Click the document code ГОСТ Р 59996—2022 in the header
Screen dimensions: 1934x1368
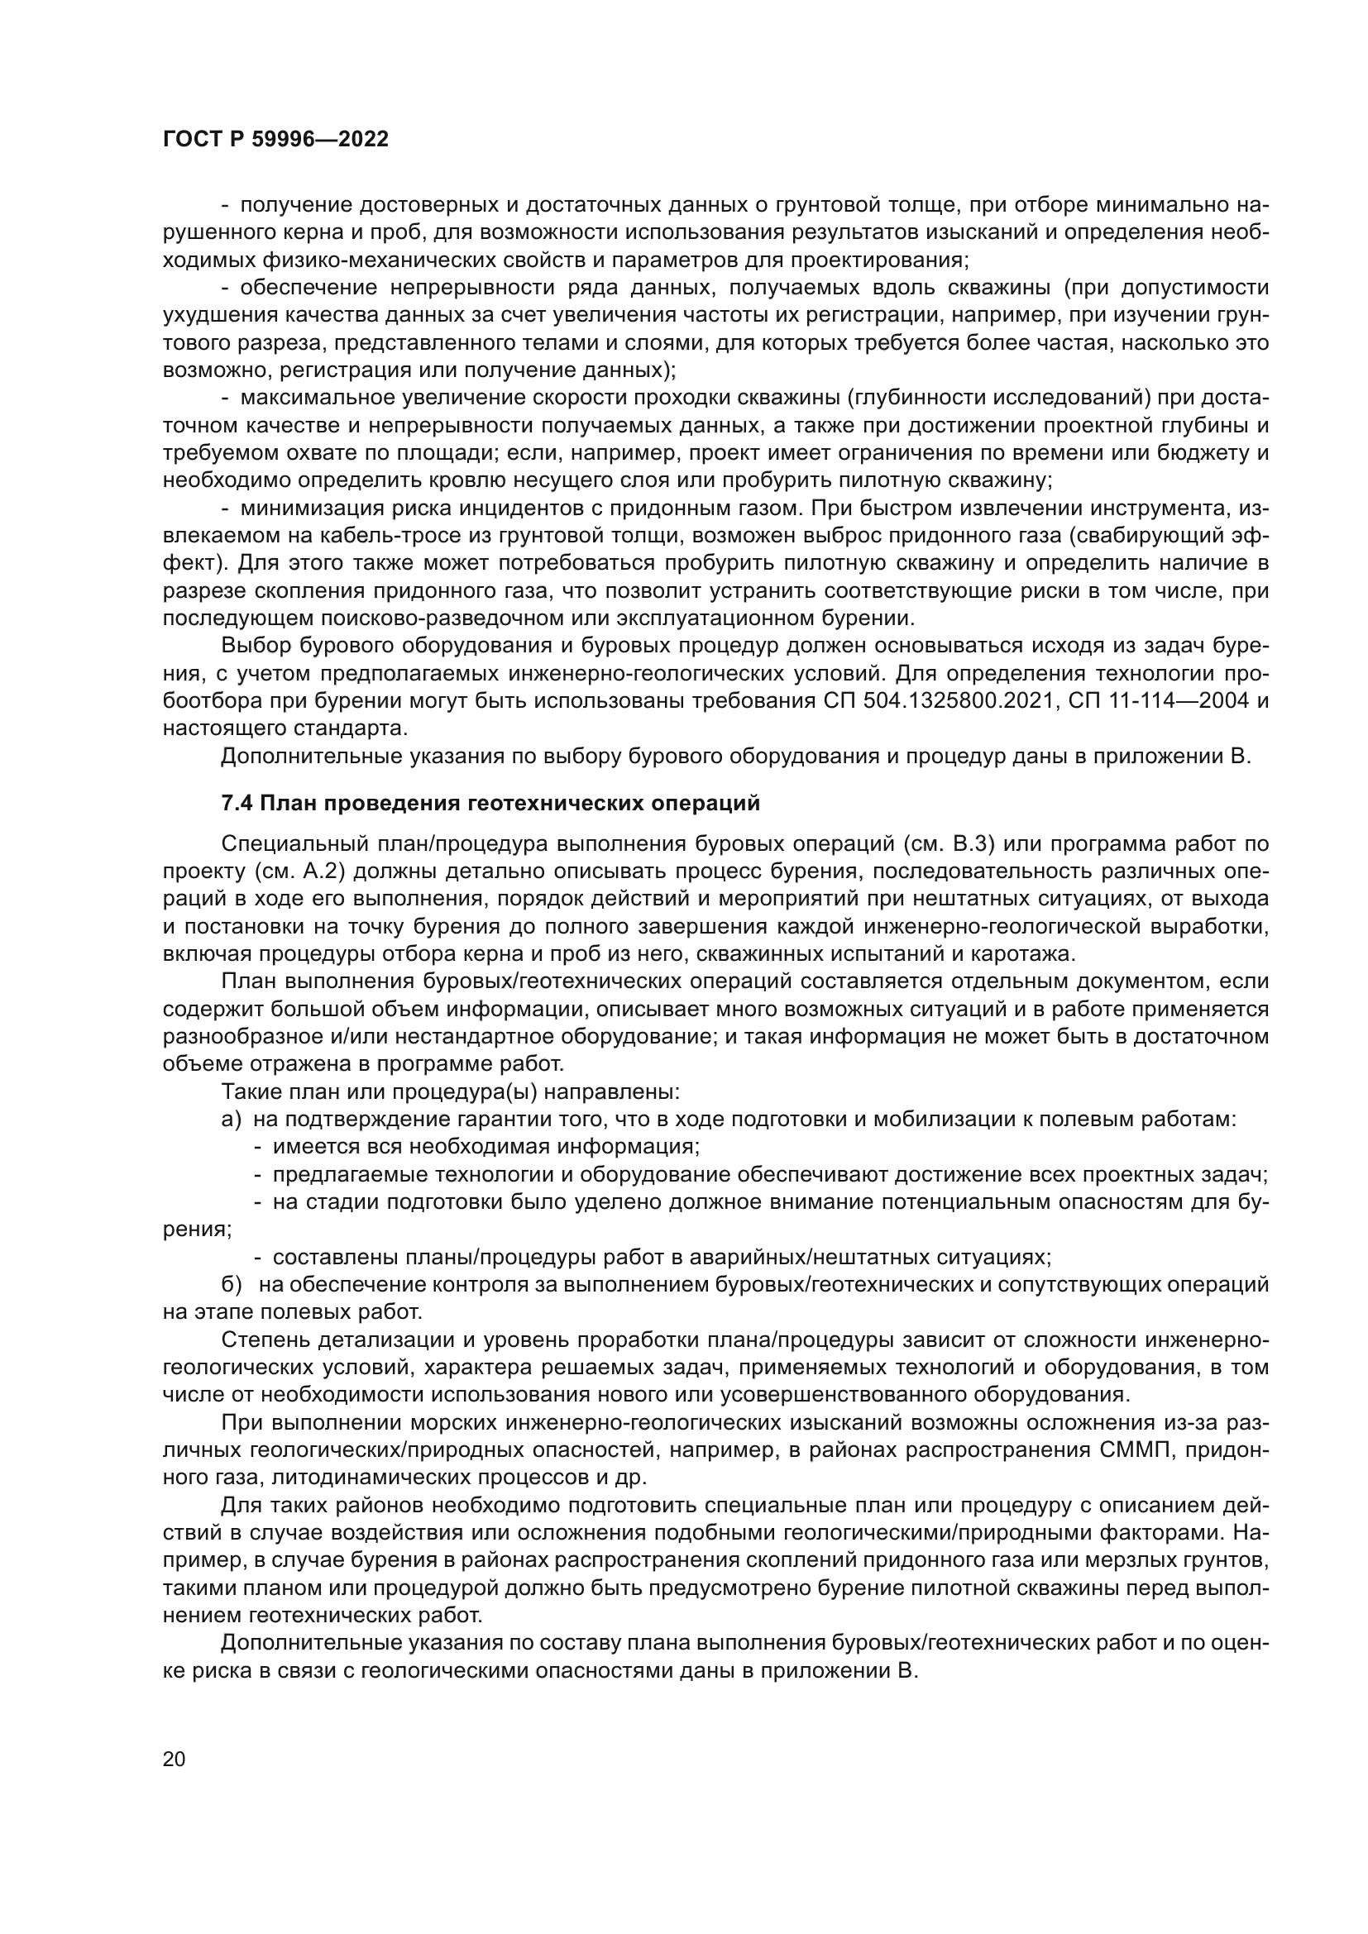[275, 140]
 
